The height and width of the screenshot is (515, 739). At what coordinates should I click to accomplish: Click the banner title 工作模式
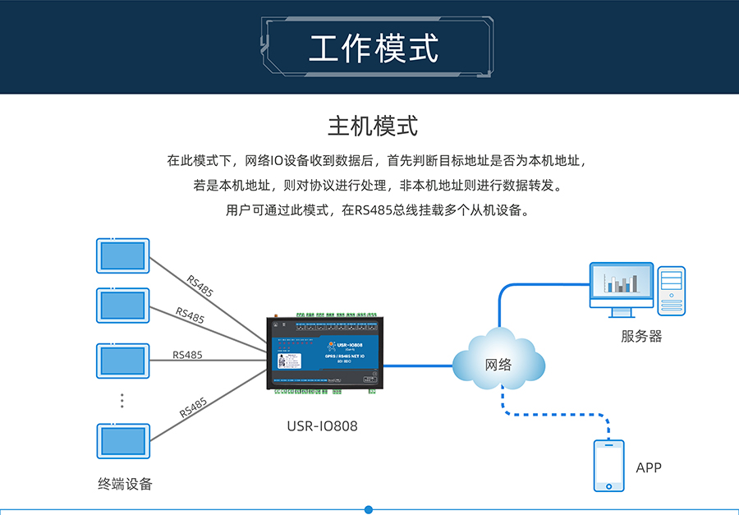(x=374, y=48)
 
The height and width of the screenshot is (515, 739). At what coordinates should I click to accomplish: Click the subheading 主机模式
(x=373, y=126)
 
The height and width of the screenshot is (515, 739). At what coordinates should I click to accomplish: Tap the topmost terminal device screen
(x=123, y=255)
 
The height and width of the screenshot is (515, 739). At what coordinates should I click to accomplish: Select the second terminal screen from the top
(x=123, y=306)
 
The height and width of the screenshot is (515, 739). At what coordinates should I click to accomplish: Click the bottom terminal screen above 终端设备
(x=123, y=441)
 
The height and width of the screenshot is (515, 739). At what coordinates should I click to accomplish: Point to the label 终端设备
(x=125, y=484)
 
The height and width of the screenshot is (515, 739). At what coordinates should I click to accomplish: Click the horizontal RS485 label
(x=187, y=355)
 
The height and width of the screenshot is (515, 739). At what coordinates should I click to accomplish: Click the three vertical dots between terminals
(x=122, y=401)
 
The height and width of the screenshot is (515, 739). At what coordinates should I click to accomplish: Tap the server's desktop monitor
(x=621, y=284)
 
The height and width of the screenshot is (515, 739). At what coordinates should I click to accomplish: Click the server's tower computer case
(x=671, y=290)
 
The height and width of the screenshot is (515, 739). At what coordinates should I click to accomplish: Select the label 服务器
(x=641, y=336)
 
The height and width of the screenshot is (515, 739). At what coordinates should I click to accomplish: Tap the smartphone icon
(x=608, y=466)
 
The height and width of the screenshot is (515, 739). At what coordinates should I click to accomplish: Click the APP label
(x=649, y=467)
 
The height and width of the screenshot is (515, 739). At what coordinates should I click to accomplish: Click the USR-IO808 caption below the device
(x=323, y=426)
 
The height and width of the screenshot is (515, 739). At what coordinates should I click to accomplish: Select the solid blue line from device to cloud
(x=417, y=365)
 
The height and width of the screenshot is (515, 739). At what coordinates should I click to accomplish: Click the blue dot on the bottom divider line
(x=369, y=510)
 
